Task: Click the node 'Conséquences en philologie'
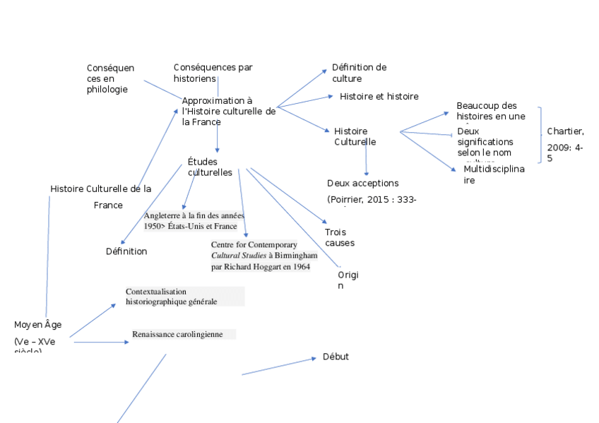pos(109,78)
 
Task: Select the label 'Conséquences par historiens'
pos(213,73)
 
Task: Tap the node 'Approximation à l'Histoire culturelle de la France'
pos(228,112)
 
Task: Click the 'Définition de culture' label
pos(359,73)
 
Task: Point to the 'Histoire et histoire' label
pos(379,96)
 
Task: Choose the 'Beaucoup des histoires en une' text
pos(490,111)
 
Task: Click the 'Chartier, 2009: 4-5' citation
pos(564,144)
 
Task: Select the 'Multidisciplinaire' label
pos(494,174)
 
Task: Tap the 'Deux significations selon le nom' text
pos(485,142)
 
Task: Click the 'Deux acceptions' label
pos(362,184)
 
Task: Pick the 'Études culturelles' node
pos(210,167)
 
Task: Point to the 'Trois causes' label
pos(339,237)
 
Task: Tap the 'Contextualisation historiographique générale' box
pos(184,296)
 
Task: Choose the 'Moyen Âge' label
pos(37,325)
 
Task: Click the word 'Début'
pos(336,357)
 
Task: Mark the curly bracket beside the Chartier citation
pos(542,134)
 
